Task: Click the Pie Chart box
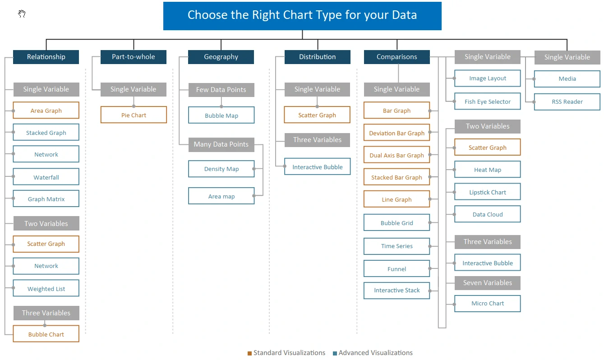pyautogui.click(x=134, y=115)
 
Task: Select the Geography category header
pyautogui.click(x=221, y=57)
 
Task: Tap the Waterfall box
pyautogui.click(x=46, y=177)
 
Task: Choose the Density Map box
pyautogui.click(x=221, y=169)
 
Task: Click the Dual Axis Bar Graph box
pyautogui.click(x=397, y=155)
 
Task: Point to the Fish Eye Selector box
pyautogui.click(x=488, y=102)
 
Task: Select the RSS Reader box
pyautogui.click(x=567, y=102)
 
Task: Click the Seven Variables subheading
pyautogui.click(x=488, y=283)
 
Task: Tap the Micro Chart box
pyautogui.click(x=488, y=303)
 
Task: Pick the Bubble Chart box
pyautogui.click(x=46, y=334)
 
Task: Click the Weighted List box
pyautogui.click(x=46, y=288)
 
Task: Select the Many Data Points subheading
pyautogui.click(x=221, y=144)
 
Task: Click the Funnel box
pyautogui.click(x=397, y=268)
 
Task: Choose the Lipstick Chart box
pyautogui.click(x=488, y=192)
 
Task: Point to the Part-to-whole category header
pyautogui.click(x=134, y=57)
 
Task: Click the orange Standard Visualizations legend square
pyautogui.click(x=250, y=353)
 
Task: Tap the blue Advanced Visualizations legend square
pyautogui.click(x=335, y=353)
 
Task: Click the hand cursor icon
pyautogui.click(x=22, y=14)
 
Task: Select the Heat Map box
pyautogui.click(x=488, y=169)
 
